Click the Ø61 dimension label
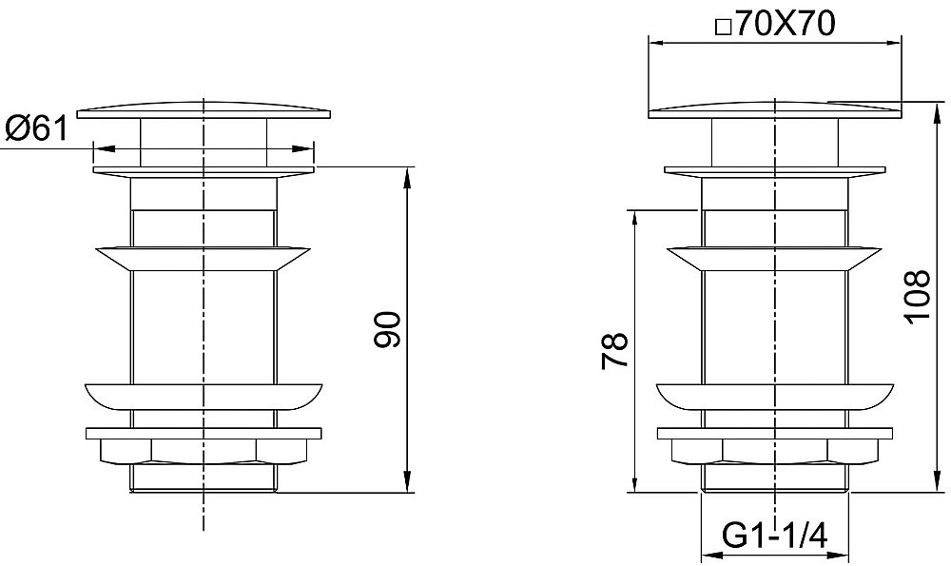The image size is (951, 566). click(36, 128)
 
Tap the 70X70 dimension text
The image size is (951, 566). click(786, 25)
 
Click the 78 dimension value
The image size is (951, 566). click(613, 351)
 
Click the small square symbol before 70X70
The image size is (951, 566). click(723, 28)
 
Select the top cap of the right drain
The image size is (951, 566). click(775, 109)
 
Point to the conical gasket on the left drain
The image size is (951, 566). click(204, 259)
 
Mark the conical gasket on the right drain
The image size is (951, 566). click(774, 259)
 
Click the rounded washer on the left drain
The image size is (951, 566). click(204, 396)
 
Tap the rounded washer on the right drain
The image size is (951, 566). click(774, 396)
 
